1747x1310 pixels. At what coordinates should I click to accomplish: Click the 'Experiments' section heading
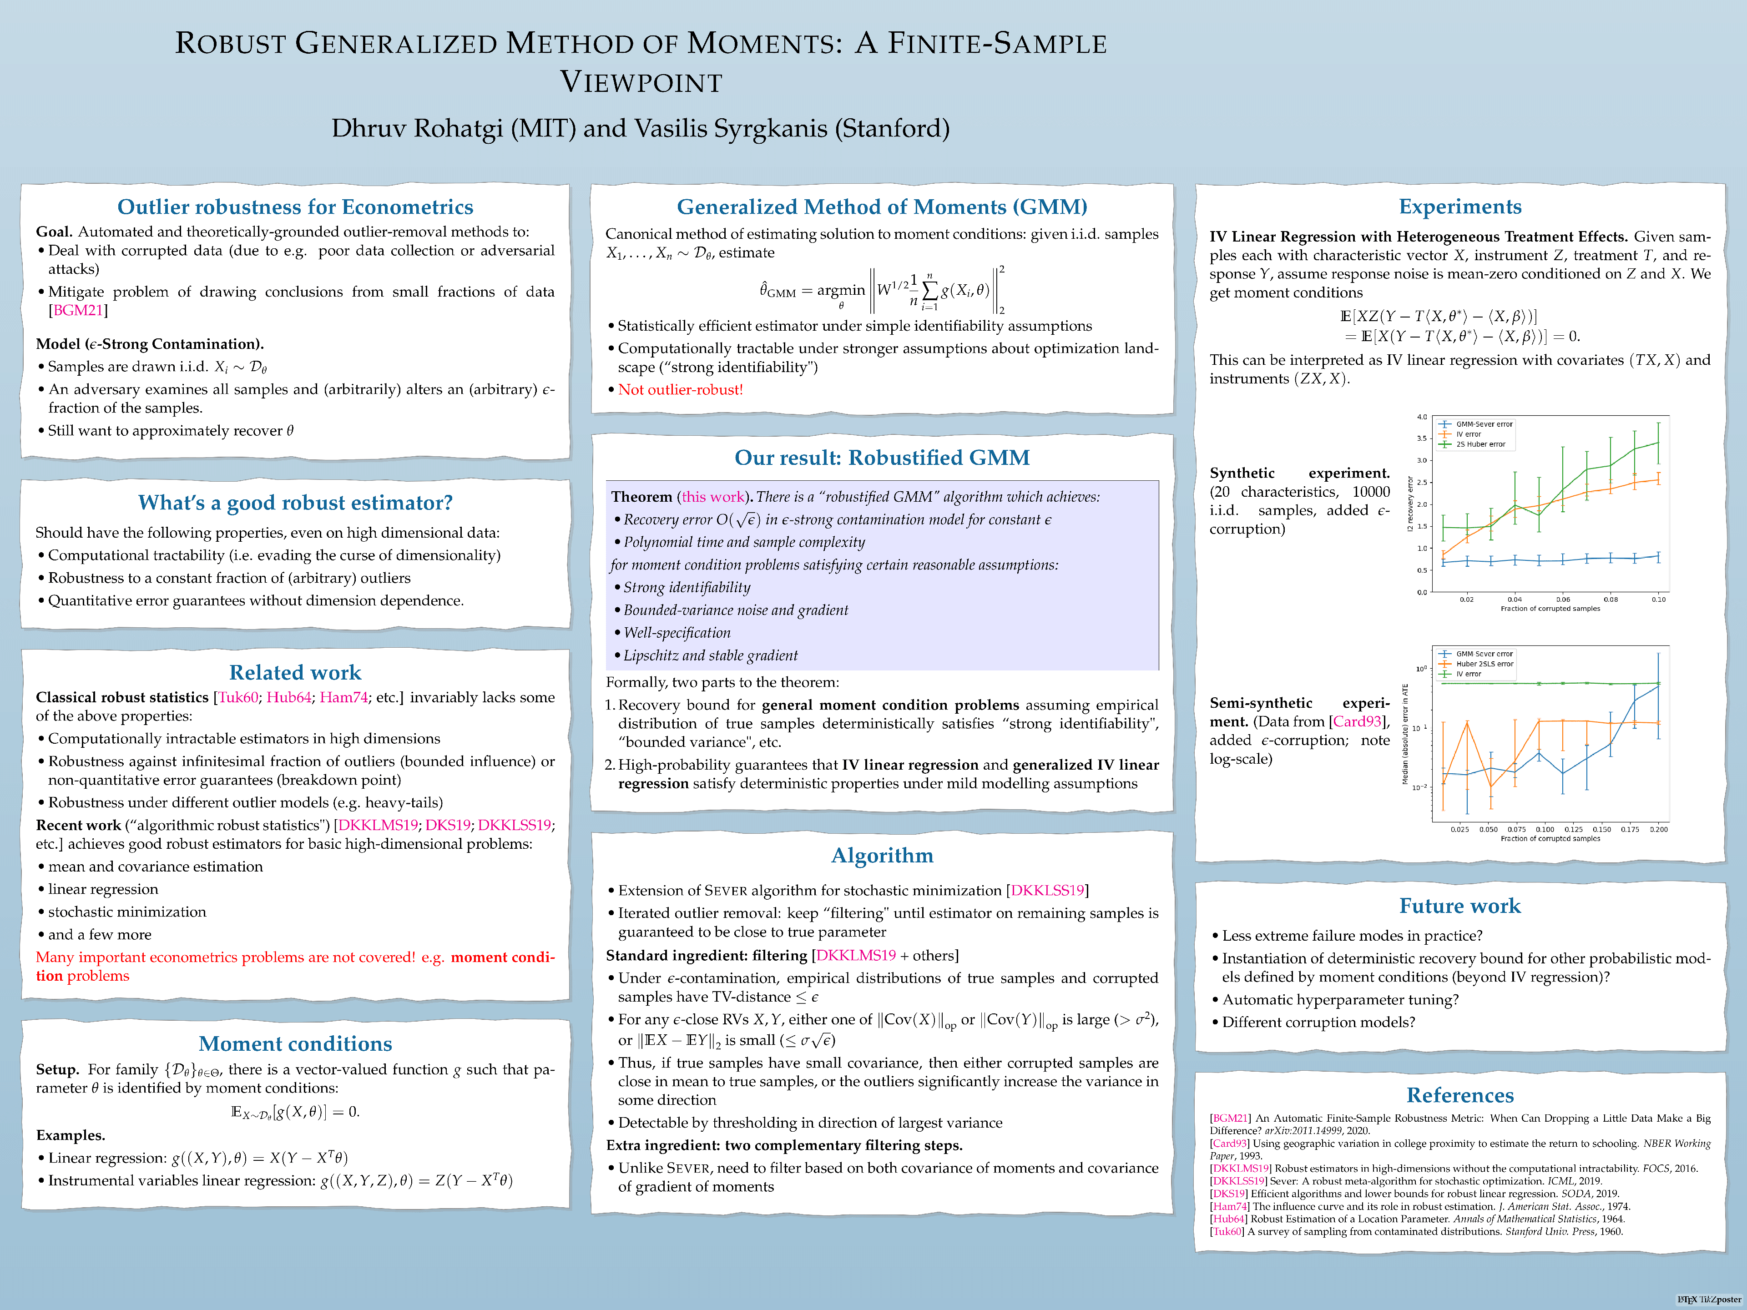(x=1459, y=207)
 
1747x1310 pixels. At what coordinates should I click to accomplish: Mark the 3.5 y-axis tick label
(x=1422, y=438)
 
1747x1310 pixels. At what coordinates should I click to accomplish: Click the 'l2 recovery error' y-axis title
(x=1410, y=504)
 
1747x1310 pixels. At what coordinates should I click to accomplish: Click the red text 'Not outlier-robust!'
(x=680, y=390)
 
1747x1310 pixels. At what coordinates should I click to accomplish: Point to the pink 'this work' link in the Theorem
(x=713, y=497)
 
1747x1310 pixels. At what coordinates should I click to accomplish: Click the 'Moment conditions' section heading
(x=295, y=1044)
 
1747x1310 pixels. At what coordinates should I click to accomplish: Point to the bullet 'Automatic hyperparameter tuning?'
(x=1340, y=1000)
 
